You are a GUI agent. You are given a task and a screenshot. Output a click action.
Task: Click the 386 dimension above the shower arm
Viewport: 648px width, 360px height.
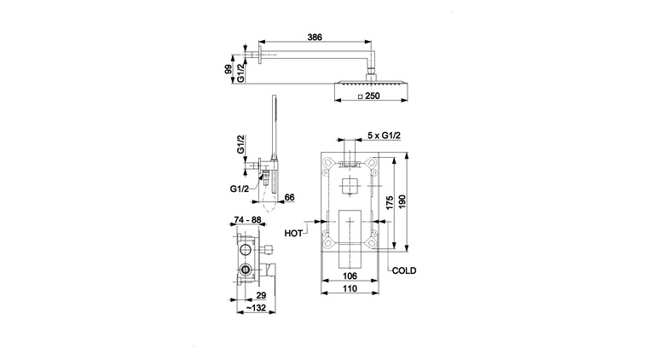[x=315, y=38]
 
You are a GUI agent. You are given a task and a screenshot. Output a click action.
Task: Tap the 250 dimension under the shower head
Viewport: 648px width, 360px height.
[x=373, y=96]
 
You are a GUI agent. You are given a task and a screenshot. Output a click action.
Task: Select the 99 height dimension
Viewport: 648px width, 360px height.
[x=228, y=69]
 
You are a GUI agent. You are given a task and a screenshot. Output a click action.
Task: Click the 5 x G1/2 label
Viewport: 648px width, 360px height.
[x=384, y=136]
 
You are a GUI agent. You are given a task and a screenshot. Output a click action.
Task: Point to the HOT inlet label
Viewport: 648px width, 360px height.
[x=293, y=234]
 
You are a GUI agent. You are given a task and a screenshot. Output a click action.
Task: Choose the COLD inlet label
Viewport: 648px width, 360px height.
[x=404, y=270]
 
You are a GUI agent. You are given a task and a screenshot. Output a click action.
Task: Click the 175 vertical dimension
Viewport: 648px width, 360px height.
[x=390, y=203]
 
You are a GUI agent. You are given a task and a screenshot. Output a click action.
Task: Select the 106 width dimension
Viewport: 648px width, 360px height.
[x=350, y=276]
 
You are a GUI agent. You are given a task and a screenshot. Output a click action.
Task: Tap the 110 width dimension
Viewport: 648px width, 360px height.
[x=350, y=288]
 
